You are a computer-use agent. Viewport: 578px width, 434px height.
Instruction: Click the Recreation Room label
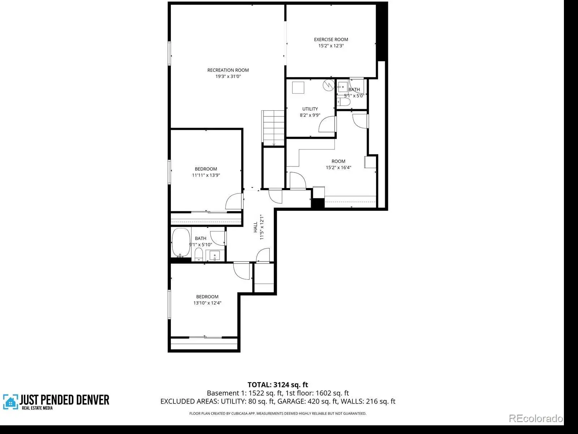click(228, 70)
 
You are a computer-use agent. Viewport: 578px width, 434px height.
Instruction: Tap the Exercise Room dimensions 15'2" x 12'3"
click(331, 46)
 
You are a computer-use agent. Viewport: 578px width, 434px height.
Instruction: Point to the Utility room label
click(310, 109)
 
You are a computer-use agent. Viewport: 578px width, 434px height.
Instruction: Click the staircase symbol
click(273, 128)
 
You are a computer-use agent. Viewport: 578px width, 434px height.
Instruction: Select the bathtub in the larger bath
click(181, 242)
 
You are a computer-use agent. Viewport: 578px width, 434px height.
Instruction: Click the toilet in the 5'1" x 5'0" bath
click(344, 102)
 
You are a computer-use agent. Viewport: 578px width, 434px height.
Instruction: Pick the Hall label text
click(255, 227)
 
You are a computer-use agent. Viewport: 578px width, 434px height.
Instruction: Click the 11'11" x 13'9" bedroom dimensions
click(206, 175)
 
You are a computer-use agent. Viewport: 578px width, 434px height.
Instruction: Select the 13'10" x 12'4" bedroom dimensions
click(207, 303)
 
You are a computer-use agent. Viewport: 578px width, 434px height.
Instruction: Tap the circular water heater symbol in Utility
click(329, 85)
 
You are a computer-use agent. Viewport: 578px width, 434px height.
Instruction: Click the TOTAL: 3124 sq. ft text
click(278, 385)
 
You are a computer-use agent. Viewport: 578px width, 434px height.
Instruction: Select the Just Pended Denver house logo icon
click(10, 402)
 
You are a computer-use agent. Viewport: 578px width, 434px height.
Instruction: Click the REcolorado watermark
click(536, 418)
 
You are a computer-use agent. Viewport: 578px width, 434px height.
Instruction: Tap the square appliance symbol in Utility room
click(298, 88)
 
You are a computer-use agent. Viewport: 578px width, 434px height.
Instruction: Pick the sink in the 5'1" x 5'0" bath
click(342, 87)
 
